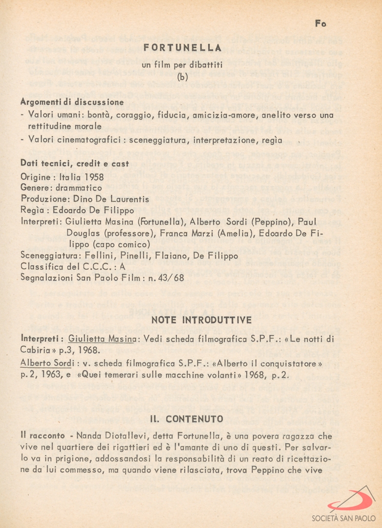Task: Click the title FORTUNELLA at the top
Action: pyautogui.click(x=183, y=47)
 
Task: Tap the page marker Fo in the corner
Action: pyautogui.click(x=321, y=23)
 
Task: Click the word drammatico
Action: pyautogui.click(x=79, y=187)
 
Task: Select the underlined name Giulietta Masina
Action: pyautogui.click(x=101, y=338)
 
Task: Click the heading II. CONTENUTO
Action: pyautogui.click(x=187, y=419)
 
